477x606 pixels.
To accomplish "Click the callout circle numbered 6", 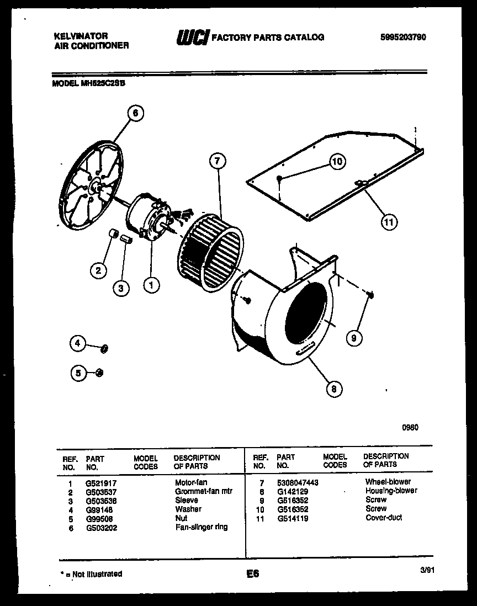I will click(x=135, y=113).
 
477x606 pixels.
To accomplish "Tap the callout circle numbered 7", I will click(x=218, y=161).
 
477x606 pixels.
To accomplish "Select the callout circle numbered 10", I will click(x=337, y=161).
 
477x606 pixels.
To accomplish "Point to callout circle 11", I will click(x=389, y=222).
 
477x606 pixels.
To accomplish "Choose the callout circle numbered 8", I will click(x=333, y=389).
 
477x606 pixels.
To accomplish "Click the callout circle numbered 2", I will click(x=98, y=270).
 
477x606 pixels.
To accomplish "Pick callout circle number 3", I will click(x=121, y=287).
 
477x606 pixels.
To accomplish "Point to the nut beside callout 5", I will click(x=99, y=373).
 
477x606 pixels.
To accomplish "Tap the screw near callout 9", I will click(x=370, y=295).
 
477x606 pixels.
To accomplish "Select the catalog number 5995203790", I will click(x=403, y=38).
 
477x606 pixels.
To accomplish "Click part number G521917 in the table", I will click(x=101, y=482).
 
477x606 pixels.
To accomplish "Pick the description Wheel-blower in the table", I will click(x=388, y=482).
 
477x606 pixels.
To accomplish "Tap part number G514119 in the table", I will click(x=293, y=518).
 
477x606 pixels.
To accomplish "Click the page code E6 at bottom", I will click(x=253, y=574).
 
